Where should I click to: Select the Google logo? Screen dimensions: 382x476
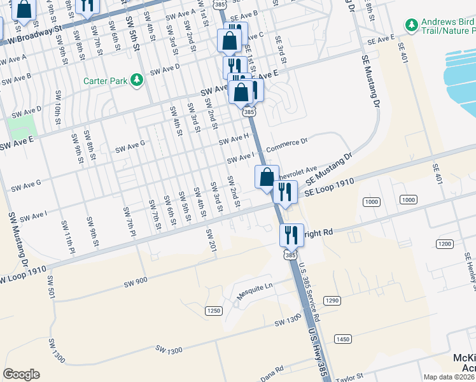pyautogui.click(x=22, y=374)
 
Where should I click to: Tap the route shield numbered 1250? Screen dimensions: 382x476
pyautogui.click(x=213, y=310)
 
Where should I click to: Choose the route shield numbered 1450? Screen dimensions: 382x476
pyautogui.click(x=342, y=339)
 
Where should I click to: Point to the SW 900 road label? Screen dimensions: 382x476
pyautogui.click(x=136, y=281)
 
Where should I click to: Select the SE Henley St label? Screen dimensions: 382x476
pyautogui.click(x=469, y=271)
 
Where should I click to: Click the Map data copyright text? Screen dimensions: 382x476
pyautogui.click(x=449, y=377)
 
